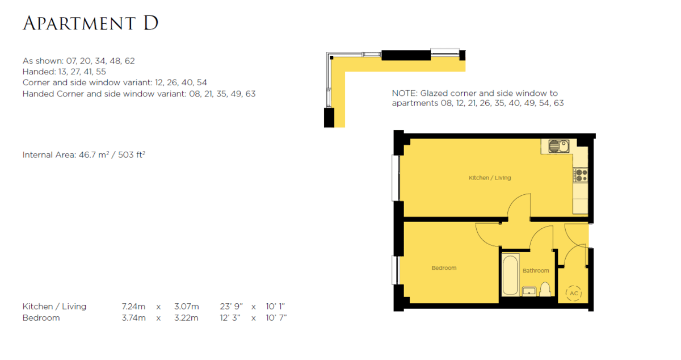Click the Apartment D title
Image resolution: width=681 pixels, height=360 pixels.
click(x=91, y=23)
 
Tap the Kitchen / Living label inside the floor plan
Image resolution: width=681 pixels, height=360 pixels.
click(x=489, y=178)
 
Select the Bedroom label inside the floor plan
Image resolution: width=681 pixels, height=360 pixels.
click(x=444, y=268)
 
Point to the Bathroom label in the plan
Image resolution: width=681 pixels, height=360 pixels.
click(x=536, y=270)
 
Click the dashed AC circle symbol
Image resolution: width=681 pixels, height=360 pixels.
click(x=574, y=294)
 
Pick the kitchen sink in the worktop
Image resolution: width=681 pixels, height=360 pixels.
click(x=559, y=146)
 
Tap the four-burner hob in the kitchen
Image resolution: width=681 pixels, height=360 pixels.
click(x=581, y=175)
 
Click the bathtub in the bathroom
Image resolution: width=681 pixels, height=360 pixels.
click(x=510, y=275)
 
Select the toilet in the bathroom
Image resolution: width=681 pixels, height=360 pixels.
click(x=545, y=290)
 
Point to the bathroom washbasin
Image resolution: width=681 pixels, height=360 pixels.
click(x=529, y=291)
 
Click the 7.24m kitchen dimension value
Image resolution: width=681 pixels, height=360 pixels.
click(x=133, y=307)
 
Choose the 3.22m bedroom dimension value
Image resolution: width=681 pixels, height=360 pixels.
click(x=186, y=318)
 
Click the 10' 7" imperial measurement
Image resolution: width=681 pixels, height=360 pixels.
click(x=276, y=318)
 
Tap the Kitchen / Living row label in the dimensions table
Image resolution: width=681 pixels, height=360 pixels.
click(x=54, y=307)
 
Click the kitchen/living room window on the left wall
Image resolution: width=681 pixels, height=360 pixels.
click(x=396, y=178)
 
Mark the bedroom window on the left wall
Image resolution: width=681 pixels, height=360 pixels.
click(x=396, y=270)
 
